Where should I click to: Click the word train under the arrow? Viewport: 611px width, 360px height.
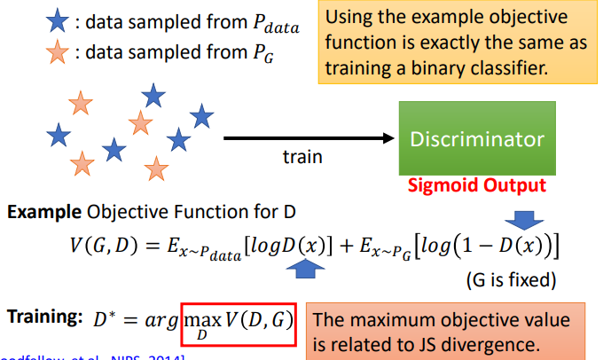tap(302, 157)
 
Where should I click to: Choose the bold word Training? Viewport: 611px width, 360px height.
tap(43, 317)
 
